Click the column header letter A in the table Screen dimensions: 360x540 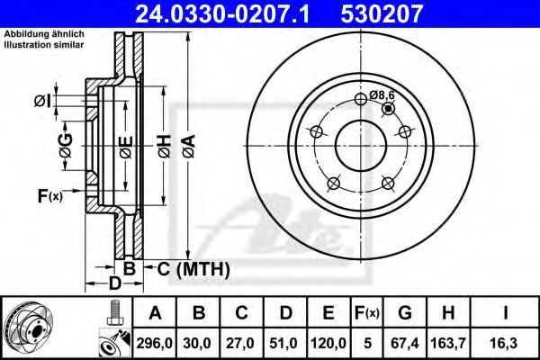156,313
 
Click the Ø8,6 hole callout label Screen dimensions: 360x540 382,93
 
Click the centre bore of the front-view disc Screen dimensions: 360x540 361,144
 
